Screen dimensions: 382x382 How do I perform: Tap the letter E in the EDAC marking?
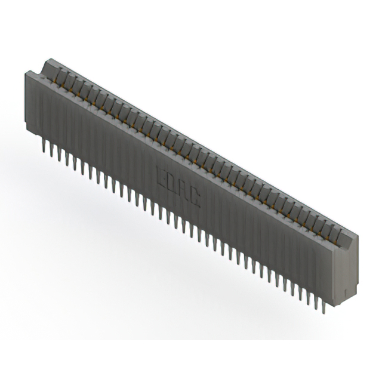pyautogui.click(x=161, y=174)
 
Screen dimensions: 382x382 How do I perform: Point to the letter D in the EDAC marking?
pyautogui.click(x=172, y=181)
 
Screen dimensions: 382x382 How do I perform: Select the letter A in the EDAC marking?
pyautogui.click(x=184, y=188)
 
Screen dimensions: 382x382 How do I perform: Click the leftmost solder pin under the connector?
pyautogui.click(x=44, y=145)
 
